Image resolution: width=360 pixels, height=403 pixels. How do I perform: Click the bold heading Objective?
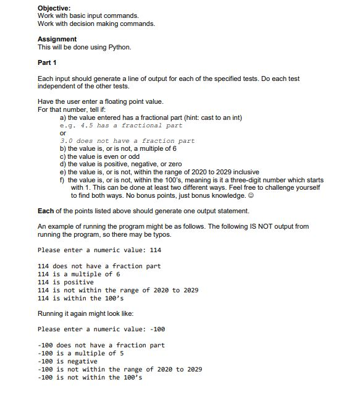[x=54, y=7]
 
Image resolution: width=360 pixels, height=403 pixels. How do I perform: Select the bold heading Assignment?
[x=57, y=38]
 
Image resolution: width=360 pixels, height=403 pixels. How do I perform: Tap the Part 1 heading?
[x=48, y=62]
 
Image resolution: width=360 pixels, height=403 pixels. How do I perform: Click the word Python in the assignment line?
[x=120, y=46]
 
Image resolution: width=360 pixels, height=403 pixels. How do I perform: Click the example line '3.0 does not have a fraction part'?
[x=127, y=140]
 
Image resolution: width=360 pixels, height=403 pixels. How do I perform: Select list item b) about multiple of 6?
[x=117, y=148]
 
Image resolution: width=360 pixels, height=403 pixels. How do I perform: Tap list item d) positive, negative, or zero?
[x=120, y=164]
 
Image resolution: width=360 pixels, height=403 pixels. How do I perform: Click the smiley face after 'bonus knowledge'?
[x=248, y=195]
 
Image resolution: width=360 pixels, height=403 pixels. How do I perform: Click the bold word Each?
[x=46, y=211]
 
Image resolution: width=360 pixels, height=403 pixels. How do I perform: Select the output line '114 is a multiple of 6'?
[x=79, y=274]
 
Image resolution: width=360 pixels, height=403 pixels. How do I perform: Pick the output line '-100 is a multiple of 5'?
[x=81, y=353]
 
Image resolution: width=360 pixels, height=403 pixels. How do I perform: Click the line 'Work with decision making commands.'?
[x=96, y=23]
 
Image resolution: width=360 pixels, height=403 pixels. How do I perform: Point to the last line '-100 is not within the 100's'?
[x=90, y=377]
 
